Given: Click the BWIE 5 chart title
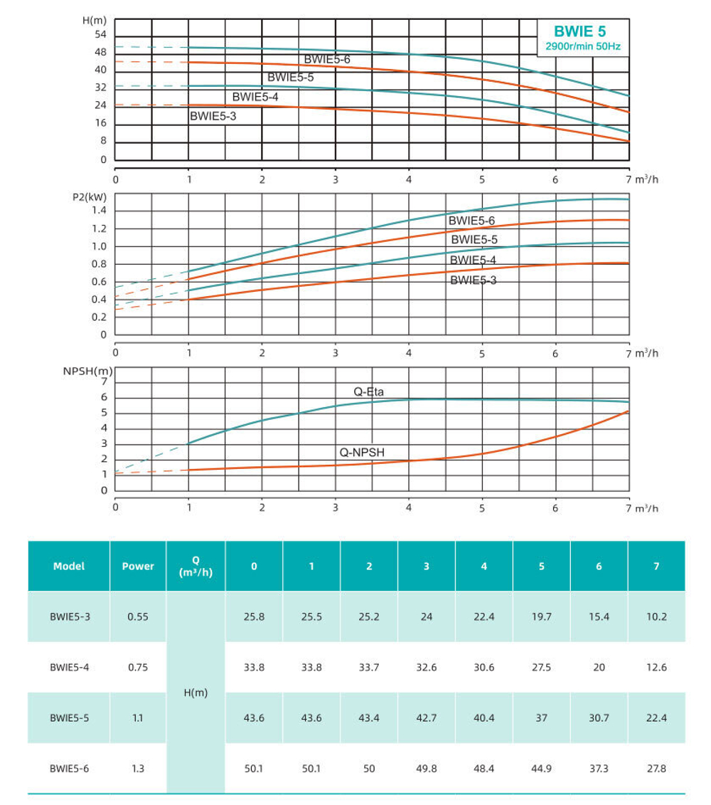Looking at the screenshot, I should [580, 31].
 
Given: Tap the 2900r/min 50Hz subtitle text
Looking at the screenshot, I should [580, 47].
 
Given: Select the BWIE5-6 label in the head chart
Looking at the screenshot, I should [327, 59].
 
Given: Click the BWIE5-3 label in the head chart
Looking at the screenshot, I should [213, 115].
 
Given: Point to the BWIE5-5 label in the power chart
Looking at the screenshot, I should [474, 240].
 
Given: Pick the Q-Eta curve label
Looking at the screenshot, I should [369, 391].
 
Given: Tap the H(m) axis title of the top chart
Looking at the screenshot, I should [95, 20].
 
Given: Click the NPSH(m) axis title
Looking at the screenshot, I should [88, 371].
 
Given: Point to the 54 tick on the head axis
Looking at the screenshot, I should [100, 35].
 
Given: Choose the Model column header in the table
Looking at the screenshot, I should [68, 567].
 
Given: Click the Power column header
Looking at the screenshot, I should [138, 567].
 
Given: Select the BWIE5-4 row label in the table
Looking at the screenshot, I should [70, 668].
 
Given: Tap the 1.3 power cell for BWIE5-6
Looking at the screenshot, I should [138, 769].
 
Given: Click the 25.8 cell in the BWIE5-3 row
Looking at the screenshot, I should [254, 617].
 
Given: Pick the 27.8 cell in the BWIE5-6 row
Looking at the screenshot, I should [657, 769].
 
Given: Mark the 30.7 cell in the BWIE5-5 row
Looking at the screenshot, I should [599, 718].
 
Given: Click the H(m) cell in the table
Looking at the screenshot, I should [196, 693].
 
